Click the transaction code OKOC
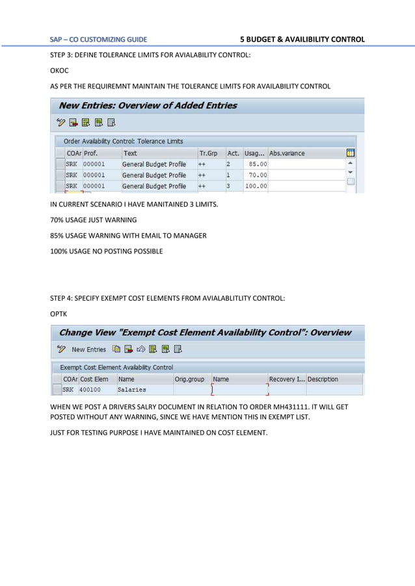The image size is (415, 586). [x=59, y=71]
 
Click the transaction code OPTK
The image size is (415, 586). [x=59, y=313]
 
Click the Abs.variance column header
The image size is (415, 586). [x=287, y=153]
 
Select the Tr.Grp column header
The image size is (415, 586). [x=208, y=153]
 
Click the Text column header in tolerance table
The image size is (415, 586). [x=130, y=153]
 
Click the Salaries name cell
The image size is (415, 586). [x=131, y=390]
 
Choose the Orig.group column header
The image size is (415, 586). [x=189, y=379]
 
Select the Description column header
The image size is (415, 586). [x=323, y=379]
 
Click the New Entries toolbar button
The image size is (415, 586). [x=88, y=350]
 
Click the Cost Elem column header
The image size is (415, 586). [x=94, y=379]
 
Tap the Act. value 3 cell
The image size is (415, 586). [x=228, y=186]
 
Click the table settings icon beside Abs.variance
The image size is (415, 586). [x=351, y=153]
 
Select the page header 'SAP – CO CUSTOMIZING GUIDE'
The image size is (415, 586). [x=99, y=40]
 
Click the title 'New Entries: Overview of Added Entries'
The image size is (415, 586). [x=148, y=105]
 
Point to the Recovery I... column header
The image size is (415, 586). [x=286, y=379]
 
